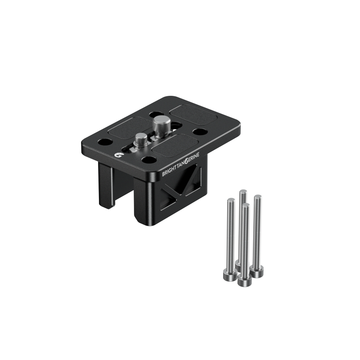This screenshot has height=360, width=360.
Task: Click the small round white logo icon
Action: click(x=118, y=155)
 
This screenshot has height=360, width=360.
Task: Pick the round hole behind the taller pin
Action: click(x=156, y=114)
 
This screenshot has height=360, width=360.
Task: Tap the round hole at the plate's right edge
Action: click(x=200, y=131)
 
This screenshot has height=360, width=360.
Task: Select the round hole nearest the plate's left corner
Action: click(x=105, y=142)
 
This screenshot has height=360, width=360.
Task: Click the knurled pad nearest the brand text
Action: click(x=175, y=144)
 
